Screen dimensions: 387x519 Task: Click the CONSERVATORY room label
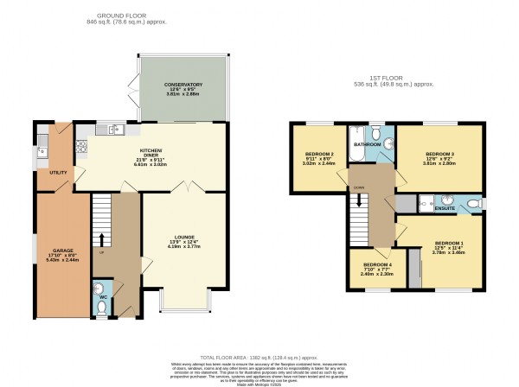(x=183, y=84)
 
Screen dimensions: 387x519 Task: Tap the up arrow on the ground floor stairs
(x=101, y=238)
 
